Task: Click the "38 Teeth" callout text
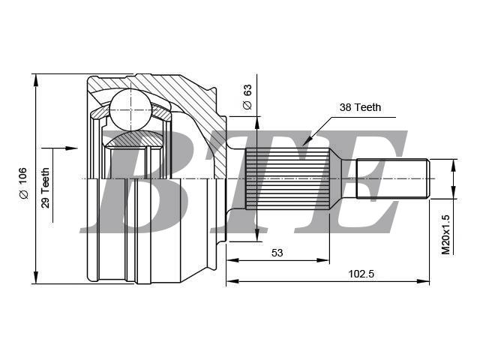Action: point(360,107)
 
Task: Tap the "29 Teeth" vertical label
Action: point(45,188)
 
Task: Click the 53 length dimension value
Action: point(277,253)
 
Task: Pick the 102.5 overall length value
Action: point(361,274)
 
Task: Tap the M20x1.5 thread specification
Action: point(445,235)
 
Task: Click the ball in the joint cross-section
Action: point(130,110)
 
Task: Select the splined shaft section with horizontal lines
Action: point(288,178)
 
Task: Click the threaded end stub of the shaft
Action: point(393,178)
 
